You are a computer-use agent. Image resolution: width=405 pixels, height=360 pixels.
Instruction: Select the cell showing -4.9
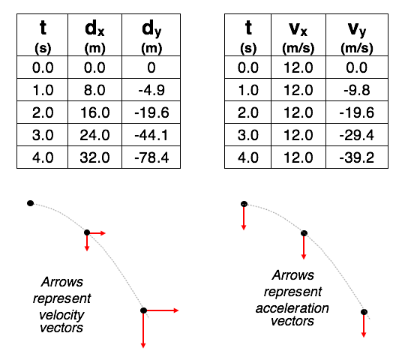tap(151, 90)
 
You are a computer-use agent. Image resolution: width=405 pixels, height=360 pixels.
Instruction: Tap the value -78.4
tap(151, 157)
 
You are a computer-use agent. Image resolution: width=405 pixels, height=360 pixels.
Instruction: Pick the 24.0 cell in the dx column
tap(94, 135)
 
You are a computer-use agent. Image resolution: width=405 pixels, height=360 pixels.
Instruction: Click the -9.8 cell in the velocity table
tap(357, 90)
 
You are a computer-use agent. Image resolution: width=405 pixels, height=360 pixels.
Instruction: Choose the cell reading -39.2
tap(357, 157)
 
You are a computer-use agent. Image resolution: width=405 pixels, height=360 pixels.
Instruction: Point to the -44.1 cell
tap(151, 135)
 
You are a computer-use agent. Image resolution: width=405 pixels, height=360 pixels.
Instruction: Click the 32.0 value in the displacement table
tap(94, 157)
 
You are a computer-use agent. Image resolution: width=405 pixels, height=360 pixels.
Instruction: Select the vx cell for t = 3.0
tap(298, 135)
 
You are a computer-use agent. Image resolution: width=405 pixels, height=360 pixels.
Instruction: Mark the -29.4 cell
tap(357, 135)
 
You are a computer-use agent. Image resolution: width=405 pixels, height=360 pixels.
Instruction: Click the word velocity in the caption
tap(61, 315)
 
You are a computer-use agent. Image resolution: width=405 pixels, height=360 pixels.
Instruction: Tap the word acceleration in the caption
tap(292, 308)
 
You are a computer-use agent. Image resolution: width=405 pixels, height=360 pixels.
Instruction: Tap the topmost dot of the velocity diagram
tap(31, 203)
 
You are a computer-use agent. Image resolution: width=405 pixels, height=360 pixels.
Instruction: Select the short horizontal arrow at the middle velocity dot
tap(97, 233)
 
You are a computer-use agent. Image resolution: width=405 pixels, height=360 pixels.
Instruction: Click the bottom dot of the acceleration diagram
tap(364, 312)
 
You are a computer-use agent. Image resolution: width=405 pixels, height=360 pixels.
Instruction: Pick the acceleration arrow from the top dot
tap(244, 218)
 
